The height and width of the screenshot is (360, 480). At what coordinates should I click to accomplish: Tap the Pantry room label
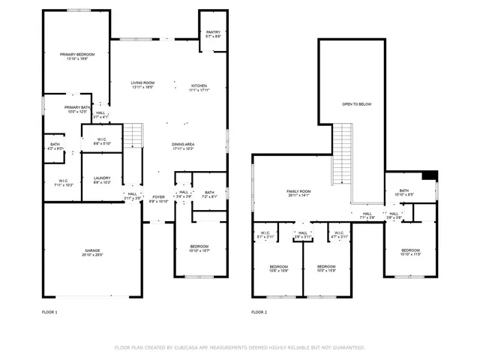(213, 32)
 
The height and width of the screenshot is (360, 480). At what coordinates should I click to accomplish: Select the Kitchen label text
(198, 85)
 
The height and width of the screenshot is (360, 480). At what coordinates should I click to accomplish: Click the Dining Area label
(184, 144)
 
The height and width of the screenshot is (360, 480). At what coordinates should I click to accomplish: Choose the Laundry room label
(102, 178)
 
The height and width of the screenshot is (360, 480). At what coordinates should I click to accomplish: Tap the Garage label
(92, 250)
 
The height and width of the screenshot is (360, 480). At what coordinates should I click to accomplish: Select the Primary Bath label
(77, 107)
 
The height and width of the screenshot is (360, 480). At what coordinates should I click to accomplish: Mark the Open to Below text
(356, 104)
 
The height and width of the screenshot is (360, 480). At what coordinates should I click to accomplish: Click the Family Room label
(298, 191)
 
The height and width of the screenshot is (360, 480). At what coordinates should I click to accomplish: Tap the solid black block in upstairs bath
(429, 176)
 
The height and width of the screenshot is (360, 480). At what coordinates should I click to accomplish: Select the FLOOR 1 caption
(49, 311)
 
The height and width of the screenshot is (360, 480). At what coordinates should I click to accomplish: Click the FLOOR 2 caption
(259, 311)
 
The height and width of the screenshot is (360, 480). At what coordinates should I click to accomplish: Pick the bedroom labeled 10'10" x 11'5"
(410, 250)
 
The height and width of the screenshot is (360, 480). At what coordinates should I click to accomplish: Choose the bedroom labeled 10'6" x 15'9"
(279, 267)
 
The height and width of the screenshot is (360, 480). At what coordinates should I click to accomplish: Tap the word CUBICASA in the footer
(193, 347)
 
